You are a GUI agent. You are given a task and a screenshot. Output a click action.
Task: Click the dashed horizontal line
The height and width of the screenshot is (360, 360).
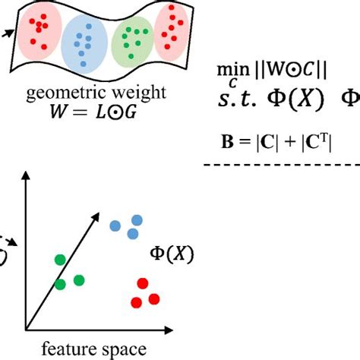pyautogui.click(x=281, y=165)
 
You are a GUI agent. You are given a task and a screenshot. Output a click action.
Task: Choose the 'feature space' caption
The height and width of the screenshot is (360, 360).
pyautogui.click(x=89, y=349)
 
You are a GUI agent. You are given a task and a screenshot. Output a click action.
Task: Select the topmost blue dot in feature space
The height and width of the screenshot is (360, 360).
pyautogui.click(x=136, y=219)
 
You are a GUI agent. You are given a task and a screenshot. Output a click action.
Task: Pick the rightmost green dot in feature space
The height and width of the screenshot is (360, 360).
pyautogui.click(x=78, y=280)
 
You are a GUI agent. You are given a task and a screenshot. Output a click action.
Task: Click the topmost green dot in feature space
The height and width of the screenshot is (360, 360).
pyautogui.click(x=60, y=260)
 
